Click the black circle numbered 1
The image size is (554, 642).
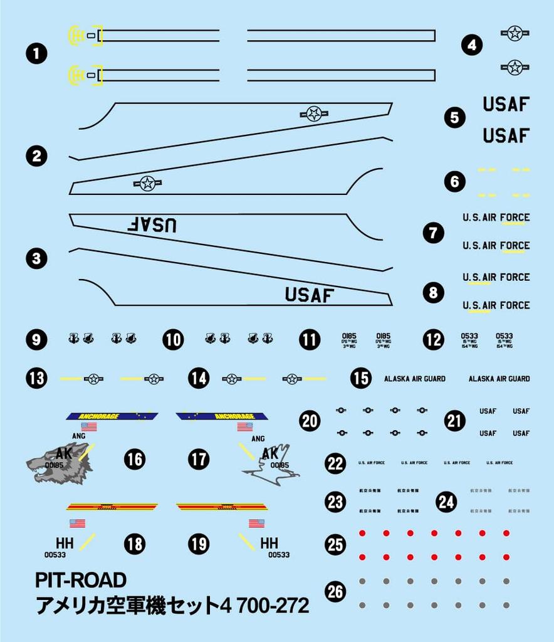(37, 54)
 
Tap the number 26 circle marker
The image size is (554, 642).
(335, 591)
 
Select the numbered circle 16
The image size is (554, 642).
(134, 460)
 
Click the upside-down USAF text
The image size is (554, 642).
(152, 224)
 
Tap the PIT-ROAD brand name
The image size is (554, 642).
(81, 580)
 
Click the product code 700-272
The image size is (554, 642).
(271, 606)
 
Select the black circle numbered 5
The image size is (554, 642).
(454, 117)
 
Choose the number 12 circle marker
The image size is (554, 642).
(433, 340)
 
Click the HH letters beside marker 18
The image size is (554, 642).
(65, 543)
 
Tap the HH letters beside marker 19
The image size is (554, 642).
(269, 543)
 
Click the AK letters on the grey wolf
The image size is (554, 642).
(65, 453)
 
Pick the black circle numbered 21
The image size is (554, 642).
(454, 421)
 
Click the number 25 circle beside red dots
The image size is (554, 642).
(335, 544)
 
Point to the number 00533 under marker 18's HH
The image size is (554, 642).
(55, 555)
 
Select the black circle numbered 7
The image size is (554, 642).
(433, 233)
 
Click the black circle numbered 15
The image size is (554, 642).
(360, 379)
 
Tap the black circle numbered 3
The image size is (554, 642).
(37, 258)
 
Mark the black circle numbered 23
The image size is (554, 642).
(335, 502)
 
